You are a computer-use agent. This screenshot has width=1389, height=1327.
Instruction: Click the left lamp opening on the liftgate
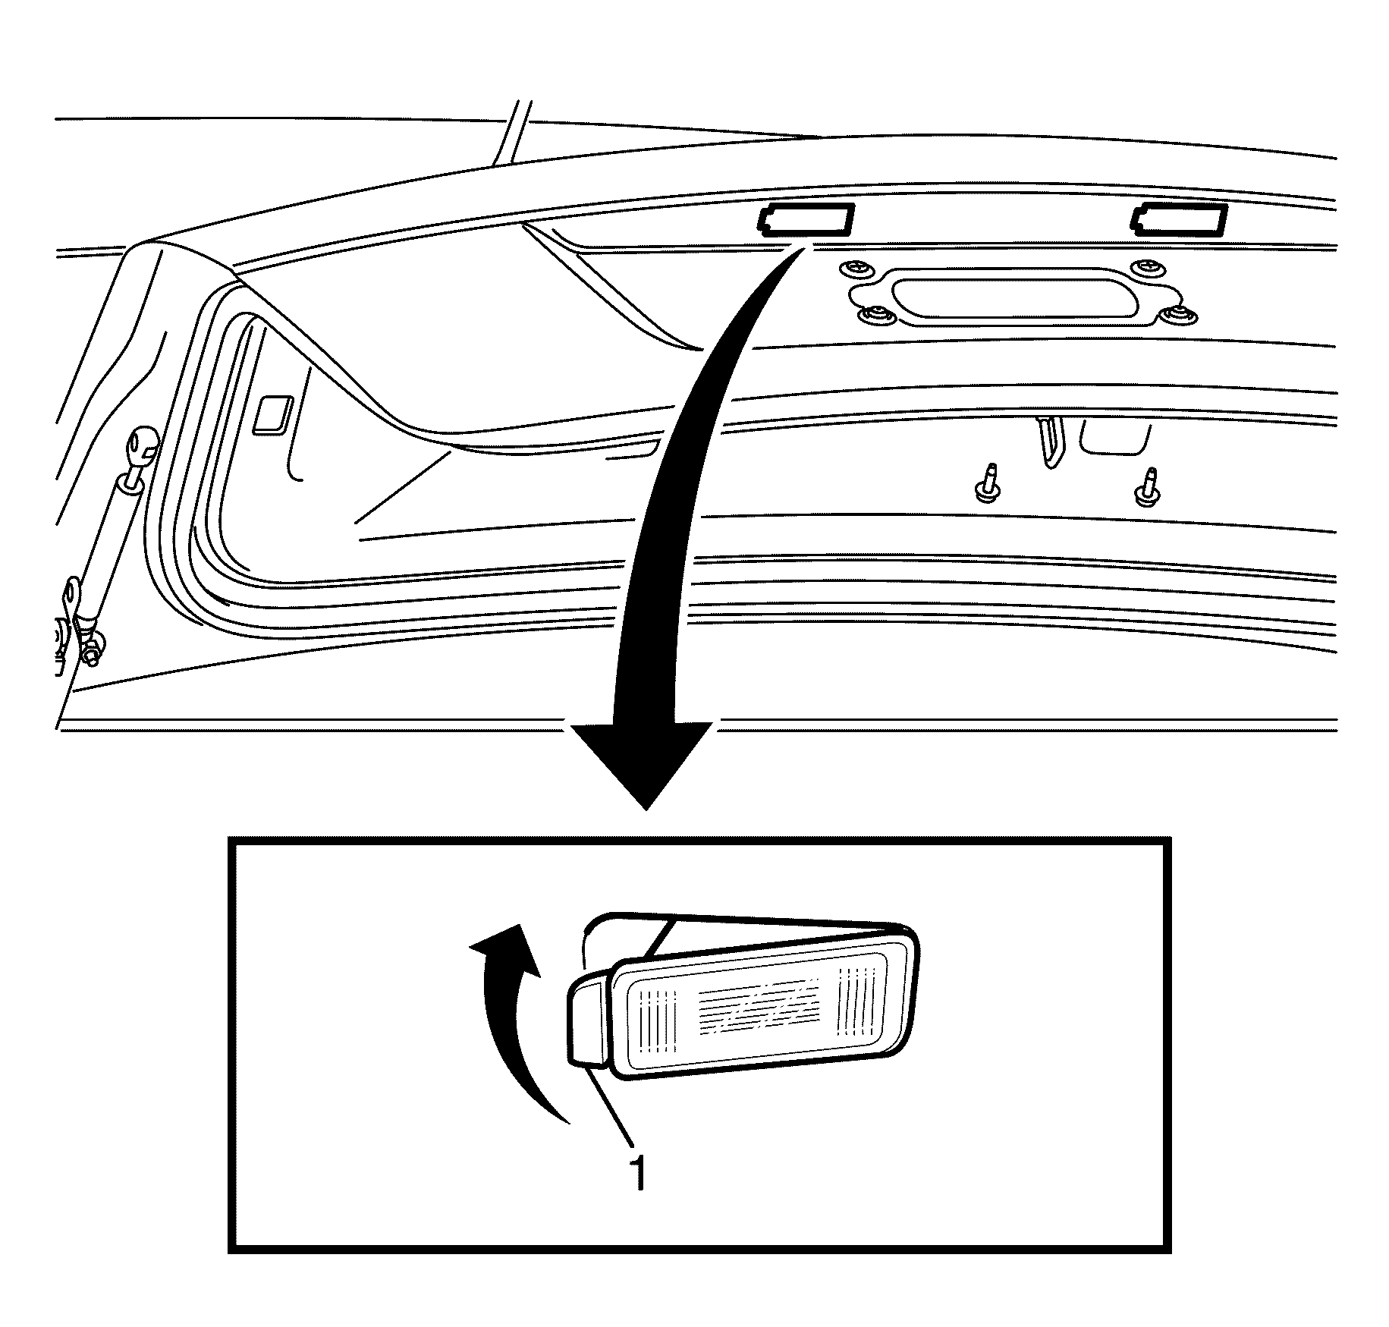pyautogui.click(x=806, y=220)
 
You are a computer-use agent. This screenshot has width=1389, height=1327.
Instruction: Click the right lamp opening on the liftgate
pyautogui.click(x=1178, y=220)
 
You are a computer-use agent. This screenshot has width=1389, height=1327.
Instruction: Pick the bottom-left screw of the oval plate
pyautogui.click(x=877, y=314)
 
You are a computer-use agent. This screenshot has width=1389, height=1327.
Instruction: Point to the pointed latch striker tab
pyautogui.click(x=1050, y=442)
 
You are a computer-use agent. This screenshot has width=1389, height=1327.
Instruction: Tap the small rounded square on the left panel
pyautogui.click(x=274, y=414)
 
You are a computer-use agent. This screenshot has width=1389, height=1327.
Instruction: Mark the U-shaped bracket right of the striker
pyautogui.click(x=1115, y=436)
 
